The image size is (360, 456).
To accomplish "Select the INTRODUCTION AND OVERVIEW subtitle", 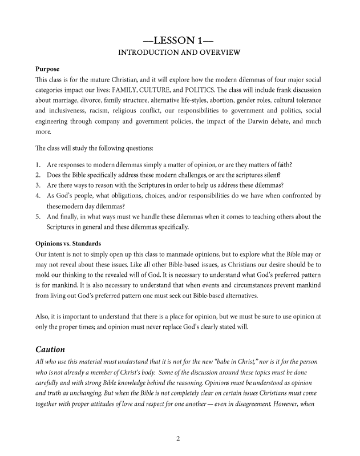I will (x=180, y=53).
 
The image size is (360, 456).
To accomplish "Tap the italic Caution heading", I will (x=52, y=348).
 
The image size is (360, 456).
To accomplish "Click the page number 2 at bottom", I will (x=179, y=439).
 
